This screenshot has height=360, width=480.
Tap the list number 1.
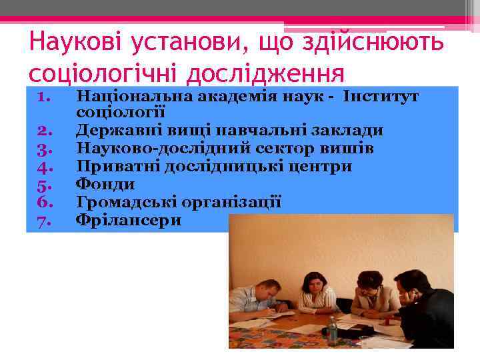click(x=45, y=97)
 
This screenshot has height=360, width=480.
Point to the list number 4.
click(x=45, y=167)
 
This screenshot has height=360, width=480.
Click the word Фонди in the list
click(x=105, y=184)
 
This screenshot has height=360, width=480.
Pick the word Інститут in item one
click(x=381, y=97)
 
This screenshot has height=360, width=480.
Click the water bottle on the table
click(x=332, y=331)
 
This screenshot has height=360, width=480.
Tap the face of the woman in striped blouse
click(x=315, y=286)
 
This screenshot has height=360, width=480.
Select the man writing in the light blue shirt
click(x=257, y=303)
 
